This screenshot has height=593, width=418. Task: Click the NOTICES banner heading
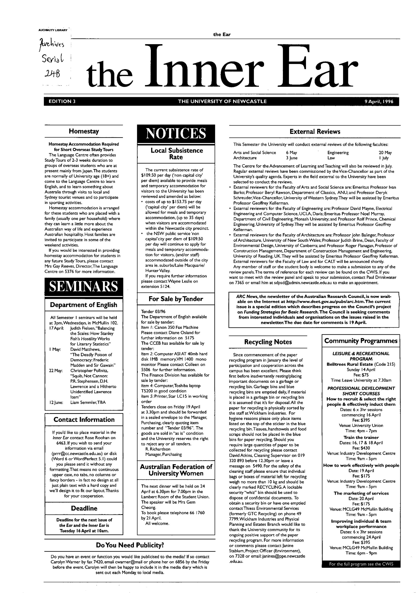pos(176,133)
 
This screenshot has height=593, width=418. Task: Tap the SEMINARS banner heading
pos(84,287)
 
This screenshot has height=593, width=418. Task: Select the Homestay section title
pos(84,132)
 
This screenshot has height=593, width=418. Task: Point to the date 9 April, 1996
pos(379,101)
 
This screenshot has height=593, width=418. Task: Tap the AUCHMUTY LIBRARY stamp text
pos(53,30)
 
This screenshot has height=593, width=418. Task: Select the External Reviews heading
pos(315,132)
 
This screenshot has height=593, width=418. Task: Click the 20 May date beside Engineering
pos(385,153)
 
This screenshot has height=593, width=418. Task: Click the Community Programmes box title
pos(361,341)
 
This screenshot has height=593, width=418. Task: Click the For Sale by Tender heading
pos(176,299)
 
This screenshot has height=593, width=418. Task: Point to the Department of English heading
pos(84,305)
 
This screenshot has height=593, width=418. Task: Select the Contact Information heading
pos(84,419)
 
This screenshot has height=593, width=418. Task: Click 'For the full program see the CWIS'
pos(361,564)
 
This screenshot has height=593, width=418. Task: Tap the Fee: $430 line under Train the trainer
pos(361,448)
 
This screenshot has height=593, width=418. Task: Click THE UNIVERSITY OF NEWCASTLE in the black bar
pos(222,101)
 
